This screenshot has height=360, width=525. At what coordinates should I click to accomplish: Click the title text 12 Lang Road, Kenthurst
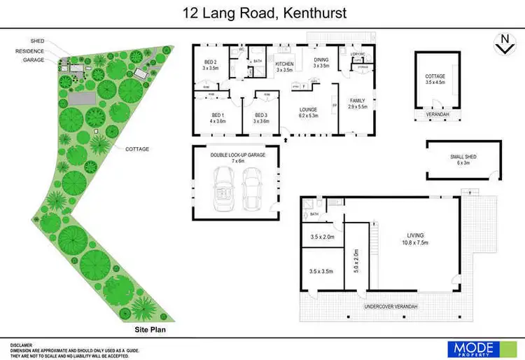pos(262,13)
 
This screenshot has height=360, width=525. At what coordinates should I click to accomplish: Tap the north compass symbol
pos(502,43)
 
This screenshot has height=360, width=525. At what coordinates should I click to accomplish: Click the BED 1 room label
pos(218,118)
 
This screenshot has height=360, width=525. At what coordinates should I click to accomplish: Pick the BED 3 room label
pos(261,118)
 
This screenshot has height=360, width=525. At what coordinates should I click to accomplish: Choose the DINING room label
pos(321,62)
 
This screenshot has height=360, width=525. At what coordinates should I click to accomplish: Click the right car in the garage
pos(253,189)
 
